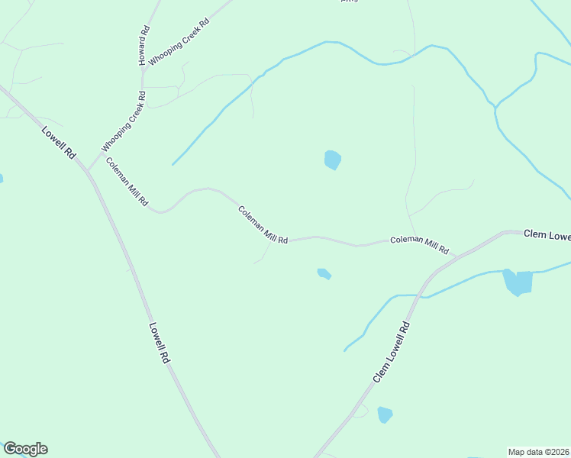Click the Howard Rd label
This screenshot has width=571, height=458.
click(144, 45)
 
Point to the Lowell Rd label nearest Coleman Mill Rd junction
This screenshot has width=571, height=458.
click(59, 141)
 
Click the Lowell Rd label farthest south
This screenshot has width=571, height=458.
click(158, 341)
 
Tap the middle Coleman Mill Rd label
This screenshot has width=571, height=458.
click(263, 224)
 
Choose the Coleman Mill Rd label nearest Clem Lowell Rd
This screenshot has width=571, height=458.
click(419, 244)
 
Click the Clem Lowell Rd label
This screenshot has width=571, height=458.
click(392, 352)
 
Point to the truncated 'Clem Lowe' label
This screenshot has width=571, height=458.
click(547, 235)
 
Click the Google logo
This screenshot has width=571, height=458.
click(25, 449)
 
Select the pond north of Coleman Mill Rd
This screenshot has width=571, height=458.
click(332, 160)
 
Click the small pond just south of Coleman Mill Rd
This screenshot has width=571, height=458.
click(324, 273)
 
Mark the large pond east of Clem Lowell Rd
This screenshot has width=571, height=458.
click(517, 282)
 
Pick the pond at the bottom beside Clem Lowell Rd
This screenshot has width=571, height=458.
click(385, 414)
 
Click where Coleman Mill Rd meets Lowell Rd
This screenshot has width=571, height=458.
click(89, 170)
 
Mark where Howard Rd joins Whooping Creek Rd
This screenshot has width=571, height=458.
click(141, 67)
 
